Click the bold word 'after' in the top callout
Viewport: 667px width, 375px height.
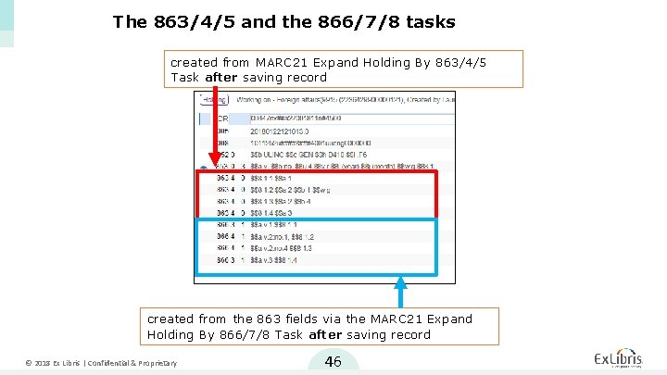(x=221, y=78)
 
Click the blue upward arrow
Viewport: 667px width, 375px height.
(x=400, y=293)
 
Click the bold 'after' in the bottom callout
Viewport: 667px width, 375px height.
(x=326, y=334)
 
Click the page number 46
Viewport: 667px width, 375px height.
(x=333, y=361)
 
